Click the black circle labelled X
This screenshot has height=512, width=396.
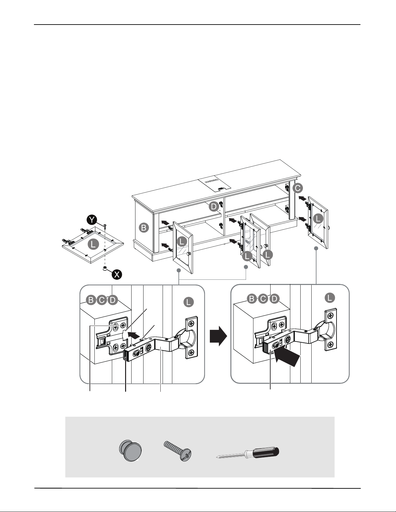117,275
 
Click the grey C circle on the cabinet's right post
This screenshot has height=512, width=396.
298,189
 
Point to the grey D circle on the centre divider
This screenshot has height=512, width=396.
214,207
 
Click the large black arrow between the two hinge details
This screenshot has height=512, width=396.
218,336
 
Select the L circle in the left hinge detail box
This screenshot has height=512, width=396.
188,302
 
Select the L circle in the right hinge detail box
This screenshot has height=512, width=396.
330,298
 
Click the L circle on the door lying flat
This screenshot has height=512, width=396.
93,244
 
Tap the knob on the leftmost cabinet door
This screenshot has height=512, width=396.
189,254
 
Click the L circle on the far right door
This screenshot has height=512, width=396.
318,219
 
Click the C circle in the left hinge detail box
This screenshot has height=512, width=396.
102,300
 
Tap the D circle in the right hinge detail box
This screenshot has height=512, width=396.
274,299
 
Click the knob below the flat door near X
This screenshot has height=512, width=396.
105,268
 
